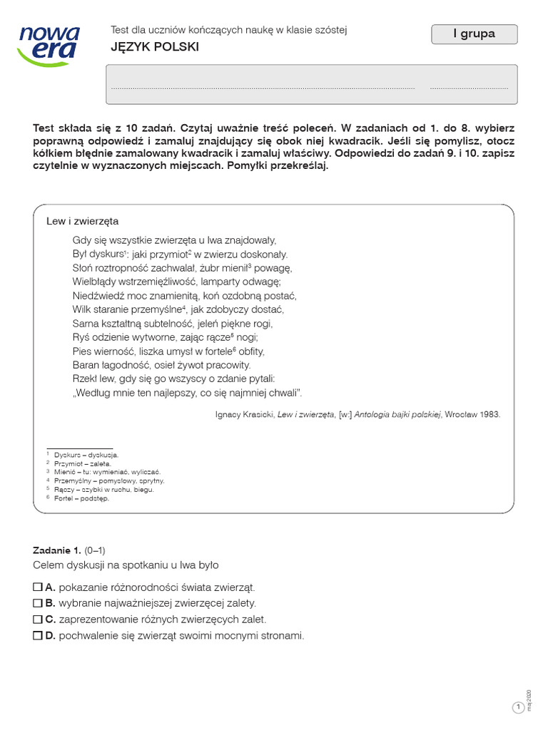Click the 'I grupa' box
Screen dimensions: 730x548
tap(475, 34)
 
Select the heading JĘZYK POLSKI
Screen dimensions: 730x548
tap(155, 47)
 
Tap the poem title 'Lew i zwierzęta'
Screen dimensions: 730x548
tap(83, 221)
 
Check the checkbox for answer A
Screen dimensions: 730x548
tap(38, 587)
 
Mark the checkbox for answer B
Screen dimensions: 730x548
tap(38, 603)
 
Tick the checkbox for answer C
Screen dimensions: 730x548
tap(38, 620)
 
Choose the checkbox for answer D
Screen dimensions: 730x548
tap(38, 636)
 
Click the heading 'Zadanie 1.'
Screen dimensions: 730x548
tap(57, 550)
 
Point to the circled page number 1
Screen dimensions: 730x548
tap(518, 707)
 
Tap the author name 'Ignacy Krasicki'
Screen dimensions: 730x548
tap(244, 413)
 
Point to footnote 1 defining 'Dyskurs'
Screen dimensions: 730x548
tap(86, 454)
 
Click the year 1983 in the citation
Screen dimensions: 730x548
tap(490, 413)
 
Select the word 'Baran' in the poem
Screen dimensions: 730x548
tap(86, 364)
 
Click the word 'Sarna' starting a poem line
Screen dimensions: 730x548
tap(86, 323)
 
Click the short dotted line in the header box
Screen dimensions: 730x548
tap(469, 88)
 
